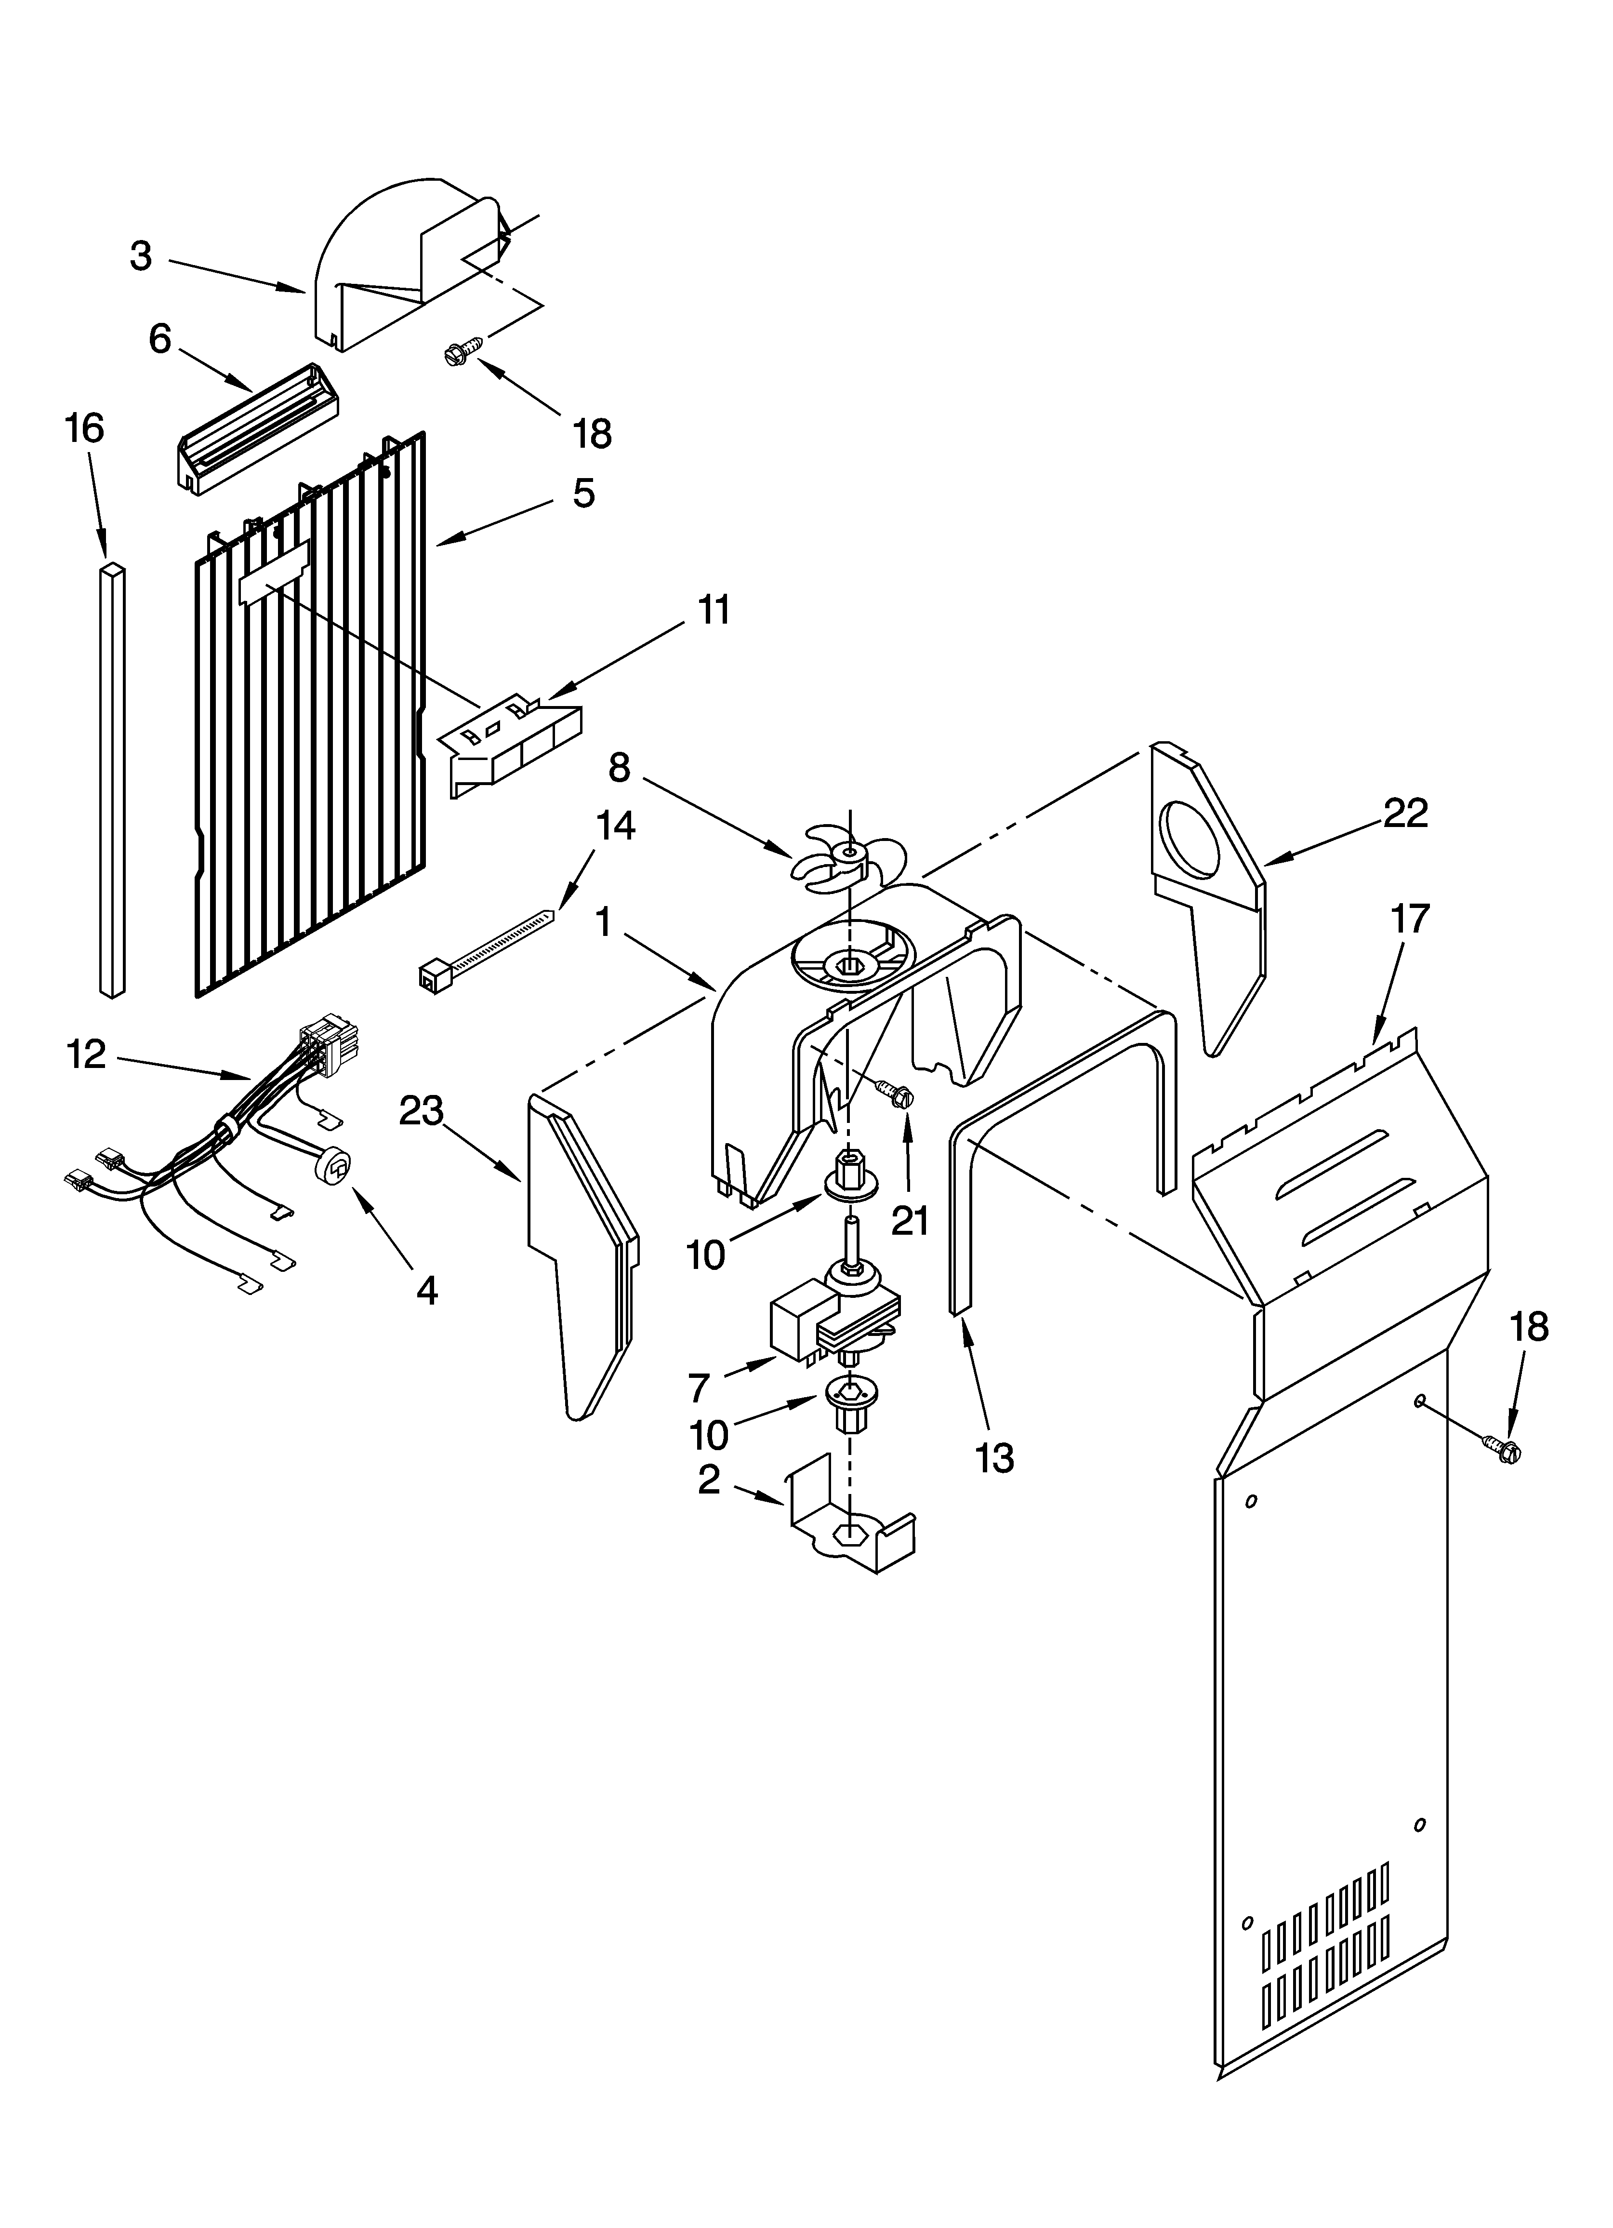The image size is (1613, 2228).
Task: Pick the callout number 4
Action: coord(426,1290)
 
